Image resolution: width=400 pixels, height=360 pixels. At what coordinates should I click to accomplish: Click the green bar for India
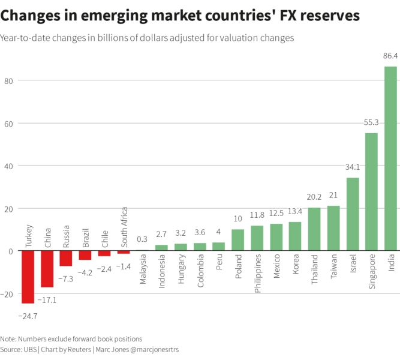coord(390,158)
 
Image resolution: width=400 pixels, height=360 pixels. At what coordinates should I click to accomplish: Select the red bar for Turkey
coord(28,277)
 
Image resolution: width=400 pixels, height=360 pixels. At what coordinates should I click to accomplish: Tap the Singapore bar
coord(371,191)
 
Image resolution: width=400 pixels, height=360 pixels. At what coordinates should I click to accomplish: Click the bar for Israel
coord(352,214)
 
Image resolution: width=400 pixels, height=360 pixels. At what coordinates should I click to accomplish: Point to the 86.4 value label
coord(390,56)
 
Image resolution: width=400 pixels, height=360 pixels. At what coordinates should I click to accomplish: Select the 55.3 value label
coord(371,122)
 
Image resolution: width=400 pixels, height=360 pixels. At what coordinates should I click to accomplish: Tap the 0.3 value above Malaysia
coord(142,239)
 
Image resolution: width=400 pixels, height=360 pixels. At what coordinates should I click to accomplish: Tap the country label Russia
coord(67,237)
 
